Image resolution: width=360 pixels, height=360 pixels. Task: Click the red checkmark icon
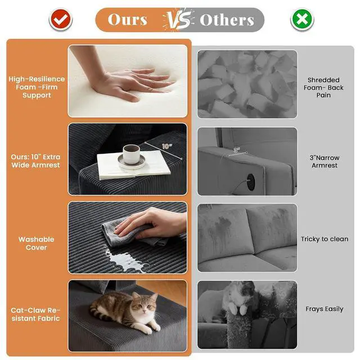pos(61,20)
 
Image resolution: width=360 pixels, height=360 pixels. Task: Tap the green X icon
pos(302,20)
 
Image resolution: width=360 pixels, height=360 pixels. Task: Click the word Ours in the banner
pos(128,20)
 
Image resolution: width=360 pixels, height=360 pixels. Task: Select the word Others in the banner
pos(227,20)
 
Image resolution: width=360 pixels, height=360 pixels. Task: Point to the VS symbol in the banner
pos(178,20)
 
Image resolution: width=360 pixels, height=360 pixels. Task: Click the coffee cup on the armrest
pos(131,155)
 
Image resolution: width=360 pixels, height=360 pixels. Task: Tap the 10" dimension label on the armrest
pos(167,146)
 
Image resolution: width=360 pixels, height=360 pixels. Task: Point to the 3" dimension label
pos(236,150)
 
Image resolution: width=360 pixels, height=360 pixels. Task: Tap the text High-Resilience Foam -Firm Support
pos(37,87)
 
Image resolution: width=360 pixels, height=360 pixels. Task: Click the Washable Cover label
pos(36,244)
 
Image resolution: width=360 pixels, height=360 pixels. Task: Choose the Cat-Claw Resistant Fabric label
pos(35,314)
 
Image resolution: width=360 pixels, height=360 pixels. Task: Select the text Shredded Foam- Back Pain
pos(323,88)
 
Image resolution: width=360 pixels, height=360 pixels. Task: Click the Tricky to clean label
pos(325,239)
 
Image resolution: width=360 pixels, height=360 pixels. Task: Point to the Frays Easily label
pos(325,309)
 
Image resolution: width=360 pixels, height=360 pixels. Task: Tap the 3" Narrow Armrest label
pos(325,161)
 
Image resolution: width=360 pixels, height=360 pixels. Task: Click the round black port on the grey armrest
pos(251,182)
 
